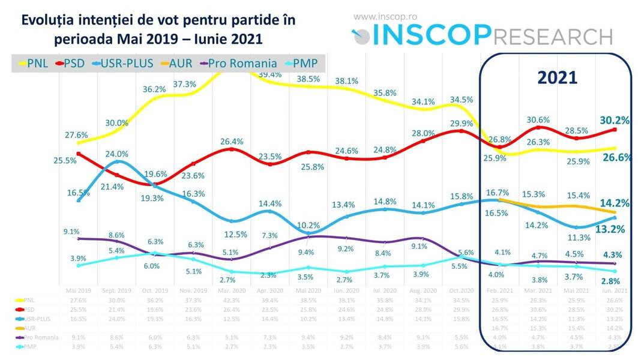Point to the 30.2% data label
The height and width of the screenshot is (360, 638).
(x=615, y=120)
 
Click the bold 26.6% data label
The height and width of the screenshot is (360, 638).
(x=615, y=158)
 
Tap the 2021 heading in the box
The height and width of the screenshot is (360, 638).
(x=556, y=77)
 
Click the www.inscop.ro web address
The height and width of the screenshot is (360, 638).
(x=384, y=17)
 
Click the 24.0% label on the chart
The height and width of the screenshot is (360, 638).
(x=118, y=153)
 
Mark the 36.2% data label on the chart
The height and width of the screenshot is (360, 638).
(x=154, y=89)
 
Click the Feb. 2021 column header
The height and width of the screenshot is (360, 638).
(x=499, y=290)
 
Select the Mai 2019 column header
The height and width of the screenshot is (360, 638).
(x=79, y=290)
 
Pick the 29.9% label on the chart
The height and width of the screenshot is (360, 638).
(x=462, y=122)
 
